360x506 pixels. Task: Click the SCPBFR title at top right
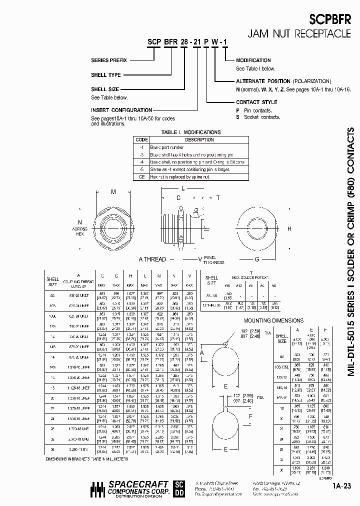330,19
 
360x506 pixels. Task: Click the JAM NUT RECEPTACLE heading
300,34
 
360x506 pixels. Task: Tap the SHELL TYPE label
106,75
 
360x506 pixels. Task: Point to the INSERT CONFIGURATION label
121,110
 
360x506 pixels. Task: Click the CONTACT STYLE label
256,102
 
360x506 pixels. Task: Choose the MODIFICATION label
253,60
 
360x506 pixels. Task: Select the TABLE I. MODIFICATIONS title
190,132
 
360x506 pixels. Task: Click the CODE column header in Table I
142,140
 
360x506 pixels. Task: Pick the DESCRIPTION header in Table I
199,140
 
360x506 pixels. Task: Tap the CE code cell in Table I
142,177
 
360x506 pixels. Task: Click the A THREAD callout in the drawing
152,259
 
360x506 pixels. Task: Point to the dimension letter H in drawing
289,228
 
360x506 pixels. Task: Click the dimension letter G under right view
257,259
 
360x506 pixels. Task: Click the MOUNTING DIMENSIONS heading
273,320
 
